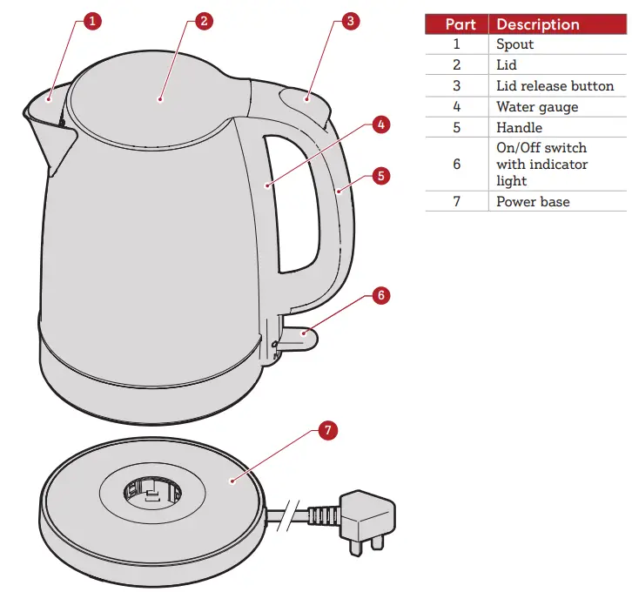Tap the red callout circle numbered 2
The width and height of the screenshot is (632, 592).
[x=203, y=22]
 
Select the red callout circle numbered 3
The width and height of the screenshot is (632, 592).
[x=349, y=22]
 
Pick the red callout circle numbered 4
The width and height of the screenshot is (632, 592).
[x=380, y=124]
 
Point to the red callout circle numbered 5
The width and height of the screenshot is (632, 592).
[x=380, y=175]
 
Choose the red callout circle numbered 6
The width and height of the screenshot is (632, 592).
[x=380, y=295]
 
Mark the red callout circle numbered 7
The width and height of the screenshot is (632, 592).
[x=326, y=430]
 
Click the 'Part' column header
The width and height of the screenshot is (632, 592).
[x=456, y=24]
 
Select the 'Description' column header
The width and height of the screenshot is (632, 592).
[x=537, y=24]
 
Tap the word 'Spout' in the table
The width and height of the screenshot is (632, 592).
[x=514, y=44]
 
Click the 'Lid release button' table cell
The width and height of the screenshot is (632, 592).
[x=555, y=86]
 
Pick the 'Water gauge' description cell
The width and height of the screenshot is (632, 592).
[x=537, y=107]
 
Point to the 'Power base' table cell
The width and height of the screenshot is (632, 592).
[x=533, y=202]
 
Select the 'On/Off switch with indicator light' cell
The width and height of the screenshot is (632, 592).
[x=541, y=165]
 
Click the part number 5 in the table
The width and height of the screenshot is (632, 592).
[x=456, y=128]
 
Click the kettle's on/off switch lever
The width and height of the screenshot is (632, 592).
[x=297, y=333]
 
